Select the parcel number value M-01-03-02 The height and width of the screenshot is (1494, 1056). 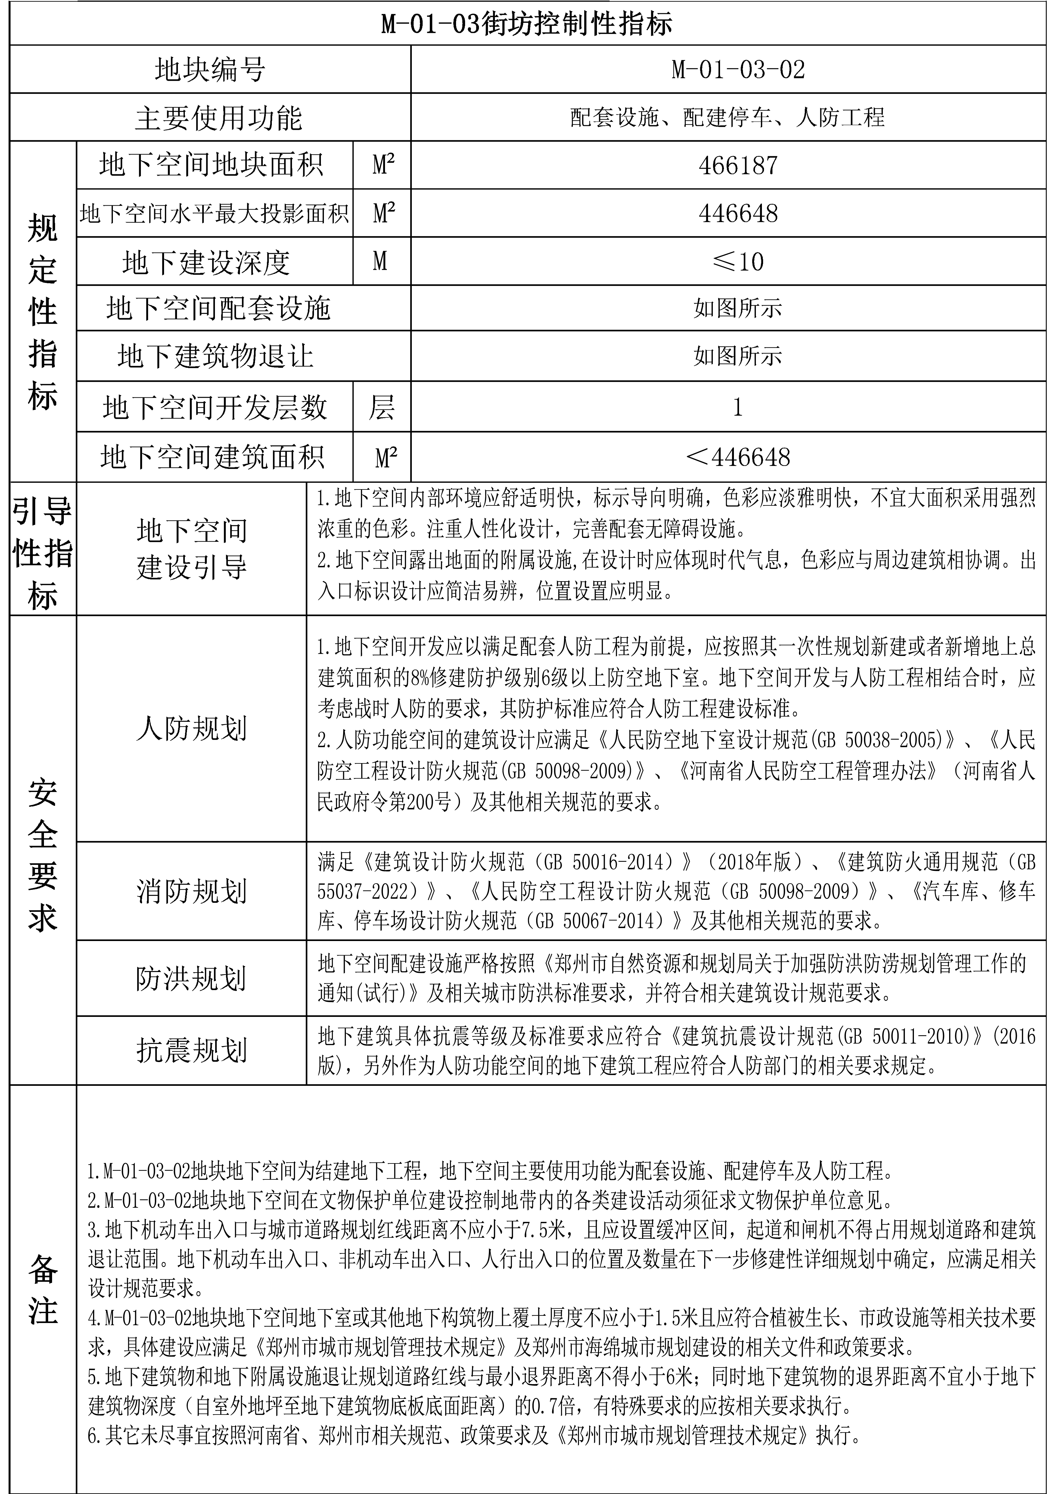coord(738,70)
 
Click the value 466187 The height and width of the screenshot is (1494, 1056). coord(738,166)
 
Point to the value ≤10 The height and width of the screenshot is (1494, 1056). coord(738,262)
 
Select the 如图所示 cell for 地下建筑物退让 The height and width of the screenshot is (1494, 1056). coord(738,356)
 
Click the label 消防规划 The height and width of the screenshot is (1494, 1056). coord(191,891)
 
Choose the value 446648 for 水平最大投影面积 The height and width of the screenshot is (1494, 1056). coord(738,213)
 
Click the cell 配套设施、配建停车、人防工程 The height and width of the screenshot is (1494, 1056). coord(727,118)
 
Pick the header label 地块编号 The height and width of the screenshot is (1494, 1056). coord(210,70)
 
